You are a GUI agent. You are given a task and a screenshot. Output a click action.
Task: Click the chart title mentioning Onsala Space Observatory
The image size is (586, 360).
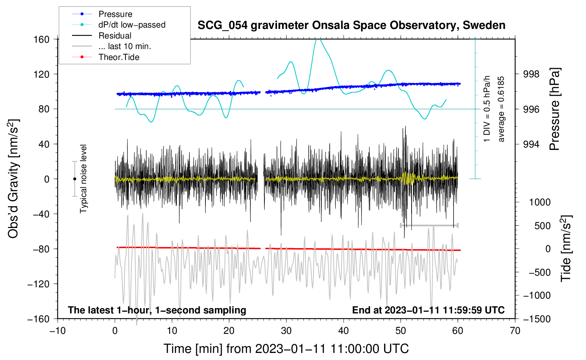click(x=351, y=25)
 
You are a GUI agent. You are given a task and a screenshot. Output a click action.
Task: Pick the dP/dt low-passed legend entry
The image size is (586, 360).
click(x=132, y=25)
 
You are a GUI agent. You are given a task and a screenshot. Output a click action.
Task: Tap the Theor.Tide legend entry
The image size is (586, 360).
click(x=119, y=57)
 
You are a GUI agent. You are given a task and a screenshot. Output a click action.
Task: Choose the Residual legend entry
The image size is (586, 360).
click(x=115, y=36)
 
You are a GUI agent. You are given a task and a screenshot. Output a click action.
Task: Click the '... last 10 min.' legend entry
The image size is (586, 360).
click(x=125, y=46)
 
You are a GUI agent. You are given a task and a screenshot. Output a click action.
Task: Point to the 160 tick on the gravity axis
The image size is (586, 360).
click(x=41, y=39)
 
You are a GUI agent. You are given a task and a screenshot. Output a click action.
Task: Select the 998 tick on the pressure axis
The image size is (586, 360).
click(x=531, y=74)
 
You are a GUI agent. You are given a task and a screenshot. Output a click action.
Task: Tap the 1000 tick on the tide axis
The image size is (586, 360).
click(x=540, y=202)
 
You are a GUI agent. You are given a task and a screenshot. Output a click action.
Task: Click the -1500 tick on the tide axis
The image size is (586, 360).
click(x=537, y=319)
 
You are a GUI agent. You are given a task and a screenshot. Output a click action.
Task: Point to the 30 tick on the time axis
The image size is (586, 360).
click(x=286, y=331)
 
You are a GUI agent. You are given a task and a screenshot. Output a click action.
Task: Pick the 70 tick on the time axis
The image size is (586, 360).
click(x=515, y=331)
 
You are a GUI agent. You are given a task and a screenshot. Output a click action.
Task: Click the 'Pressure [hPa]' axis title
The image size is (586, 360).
click(x=555, y=109)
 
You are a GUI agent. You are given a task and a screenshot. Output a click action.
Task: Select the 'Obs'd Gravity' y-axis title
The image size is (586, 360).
click(x=13, y=179)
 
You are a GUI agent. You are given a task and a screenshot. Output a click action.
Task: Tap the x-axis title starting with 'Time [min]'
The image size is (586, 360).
click(x=286, y=349)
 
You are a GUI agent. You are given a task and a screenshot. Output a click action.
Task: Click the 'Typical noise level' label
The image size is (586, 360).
click(x=83, y=179)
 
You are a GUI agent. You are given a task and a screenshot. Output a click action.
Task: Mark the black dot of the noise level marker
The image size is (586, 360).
click(x=74, y=179)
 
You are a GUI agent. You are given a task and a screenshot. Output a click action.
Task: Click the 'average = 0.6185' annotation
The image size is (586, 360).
click(x=501, y=109)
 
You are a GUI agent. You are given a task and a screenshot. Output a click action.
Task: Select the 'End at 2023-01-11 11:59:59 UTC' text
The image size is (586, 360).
click(x=428, y=310)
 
